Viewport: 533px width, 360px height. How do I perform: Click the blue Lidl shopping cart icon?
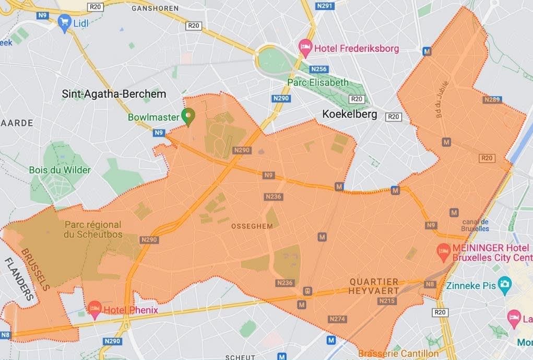click(x=65, y=22)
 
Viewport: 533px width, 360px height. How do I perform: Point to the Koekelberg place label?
click(x=349, y=114)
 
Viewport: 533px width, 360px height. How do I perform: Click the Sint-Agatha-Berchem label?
click(x=114, y=94)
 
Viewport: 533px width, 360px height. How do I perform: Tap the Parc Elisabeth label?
click(x=317, y=83)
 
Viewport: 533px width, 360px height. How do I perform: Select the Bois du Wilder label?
click(x=60, y=170)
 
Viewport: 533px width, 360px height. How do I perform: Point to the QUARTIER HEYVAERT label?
click(x=374, y=285)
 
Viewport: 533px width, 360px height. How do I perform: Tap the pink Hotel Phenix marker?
click(x=94, y=309)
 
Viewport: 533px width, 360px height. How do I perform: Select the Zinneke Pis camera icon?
click(x=504, y=285)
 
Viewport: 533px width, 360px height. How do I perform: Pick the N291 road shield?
click(x=324, y=6)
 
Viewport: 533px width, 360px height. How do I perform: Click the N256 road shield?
click(x=318, y=69)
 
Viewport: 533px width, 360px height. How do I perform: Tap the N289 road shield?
click(x=492, y=99)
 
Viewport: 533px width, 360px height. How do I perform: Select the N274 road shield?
click(x=337, y=319)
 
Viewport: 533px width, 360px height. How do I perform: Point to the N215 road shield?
click(x=387, y=301)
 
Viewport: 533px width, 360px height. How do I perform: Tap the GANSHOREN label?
click(x=155, y=8)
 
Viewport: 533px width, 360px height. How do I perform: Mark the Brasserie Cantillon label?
click(x=398, y=354)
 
